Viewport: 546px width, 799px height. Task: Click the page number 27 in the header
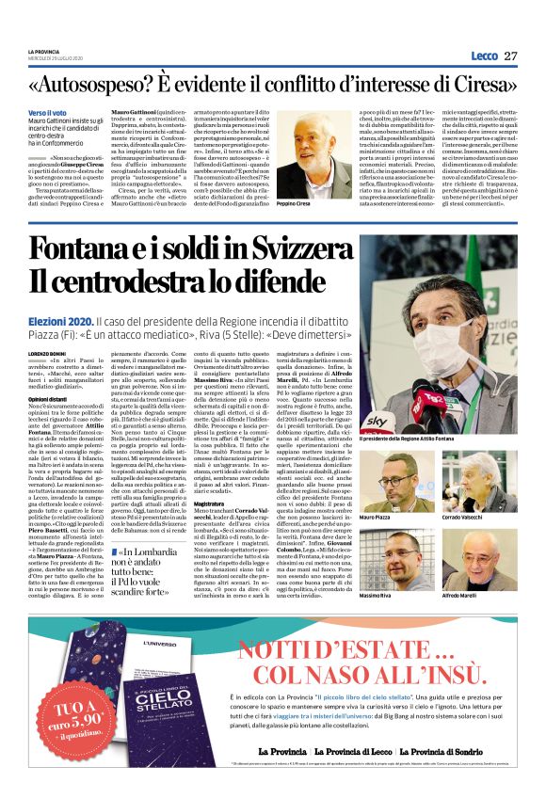pos(510,56)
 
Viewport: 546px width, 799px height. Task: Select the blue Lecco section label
pos(485,56)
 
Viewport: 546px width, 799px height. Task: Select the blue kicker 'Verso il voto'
pos(47,112)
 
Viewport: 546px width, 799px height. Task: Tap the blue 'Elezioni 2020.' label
pos(61,321)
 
